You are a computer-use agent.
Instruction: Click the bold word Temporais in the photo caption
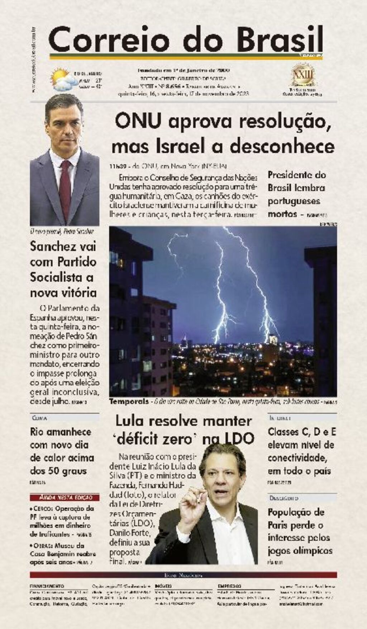point(129,401)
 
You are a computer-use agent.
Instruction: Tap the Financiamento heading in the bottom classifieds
point(47,586)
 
